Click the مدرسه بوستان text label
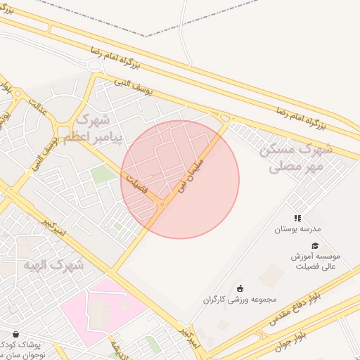point(297,229)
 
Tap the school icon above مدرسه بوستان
point(297,219)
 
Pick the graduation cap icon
point(314,245)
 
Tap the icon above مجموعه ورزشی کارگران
point(239,288)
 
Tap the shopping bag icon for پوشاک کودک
point(15,334)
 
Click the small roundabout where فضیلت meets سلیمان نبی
point(162,205)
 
